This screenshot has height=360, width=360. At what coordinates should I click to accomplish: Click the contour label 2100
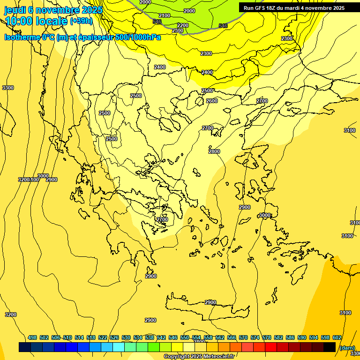tap(165, 15)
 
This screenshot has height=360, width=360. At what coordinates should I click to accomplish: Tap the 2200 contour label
tap(183, 25)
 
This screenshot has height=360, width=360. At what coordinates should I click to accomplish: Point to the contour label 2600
tap(212, 101)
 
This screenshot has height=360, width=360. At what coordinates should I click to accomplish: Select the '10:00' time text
tap(18, 21)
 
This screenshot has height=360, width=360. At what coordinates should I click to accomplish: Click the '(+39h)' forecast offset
tap(81, 21)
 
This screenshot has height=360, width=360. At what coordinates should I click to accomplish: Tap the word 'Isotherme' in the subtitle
tap(22, 37)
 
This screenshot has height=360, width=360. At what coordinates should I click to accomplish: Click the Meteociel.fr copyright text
tap(199, 357)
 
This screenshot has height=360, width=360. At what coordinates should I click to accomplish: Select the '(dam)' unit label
tap(347, 347)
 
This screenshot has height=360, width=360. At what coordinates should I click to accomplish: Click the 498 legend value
tap(32, 337)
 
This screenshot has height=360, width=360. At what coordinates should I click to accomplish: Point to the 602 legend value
tap(337, 337)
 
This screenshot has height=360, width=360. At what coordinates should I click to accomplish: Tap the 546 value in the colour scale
tap(173, 337)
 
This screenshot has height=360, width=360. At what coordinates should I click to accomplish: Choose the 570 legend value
tap(243, 337)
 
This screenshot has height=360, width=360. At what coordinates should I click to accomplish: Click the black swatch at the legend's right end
tap(330, 347)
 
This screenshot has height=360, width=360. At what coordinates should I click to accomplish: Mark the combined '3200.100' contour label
tap(29, 180)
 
